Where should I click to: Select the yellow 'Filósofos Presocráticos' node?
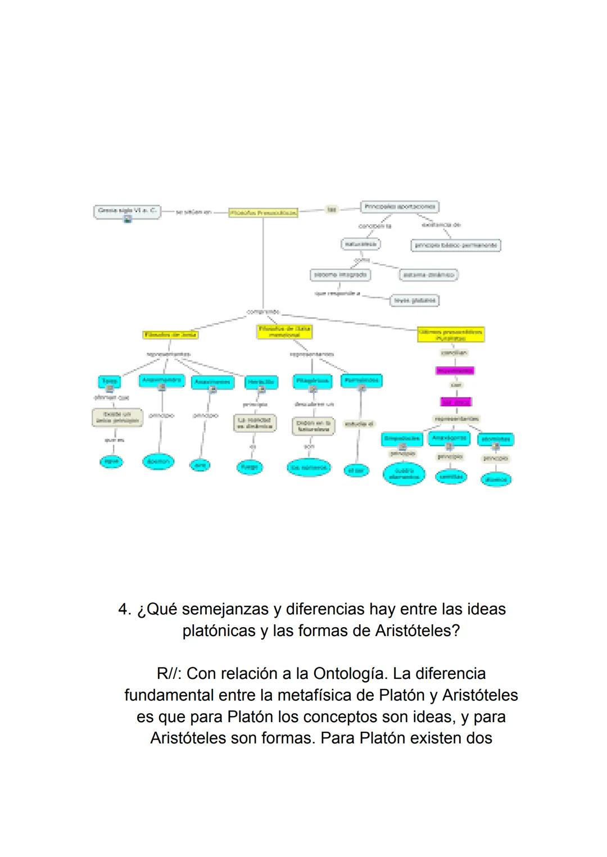[263, 213]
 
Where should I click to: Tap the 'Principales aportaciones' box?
[399, 207]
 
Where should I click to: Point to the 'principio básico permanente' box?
[456, 245]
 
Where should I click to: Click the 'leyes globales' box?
[414, 300]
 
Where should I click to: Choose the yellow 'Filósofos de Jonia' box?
[170, 334]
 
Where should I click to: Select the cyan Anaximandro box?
[161, 380]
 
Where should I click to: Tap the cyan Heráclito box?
[261, 382]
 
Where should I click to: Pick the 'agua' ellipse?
[111, 461]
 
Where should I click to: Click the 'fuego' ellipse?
[248, 466]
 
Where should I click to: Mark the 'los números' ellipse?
[309, 467]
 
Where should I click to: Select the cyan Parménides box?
[361, 380]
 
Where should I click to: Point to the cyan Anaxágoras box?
[449, 438]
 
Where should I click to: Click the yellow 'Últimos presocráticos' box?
[451, 334]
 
